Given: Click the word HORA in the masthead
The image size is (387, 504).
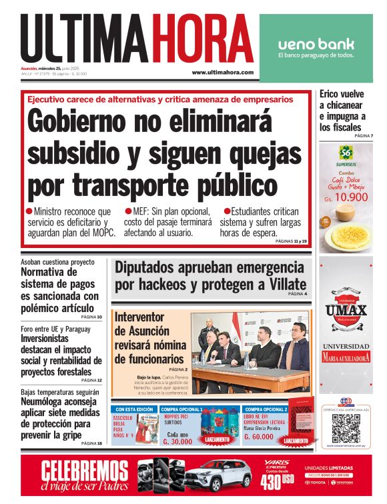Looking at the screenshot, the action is point(202,38).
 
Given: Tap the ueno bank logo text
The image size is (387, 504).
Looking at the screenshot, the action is point(316,45).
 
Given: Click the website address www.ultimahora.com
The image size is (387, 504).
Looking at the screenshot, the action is point(222,72).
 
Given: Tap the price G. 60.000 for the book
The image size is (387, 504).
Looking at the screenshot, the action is point(259,437).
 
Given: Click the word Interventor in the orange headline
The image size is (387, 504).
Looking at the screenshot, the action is point(145,317).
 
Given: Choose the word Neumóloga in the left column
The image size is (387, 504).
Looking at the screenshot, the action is point(48,404).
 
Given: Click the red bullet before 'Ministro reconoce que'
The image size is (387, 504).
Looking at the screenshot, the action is point(29,211).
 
